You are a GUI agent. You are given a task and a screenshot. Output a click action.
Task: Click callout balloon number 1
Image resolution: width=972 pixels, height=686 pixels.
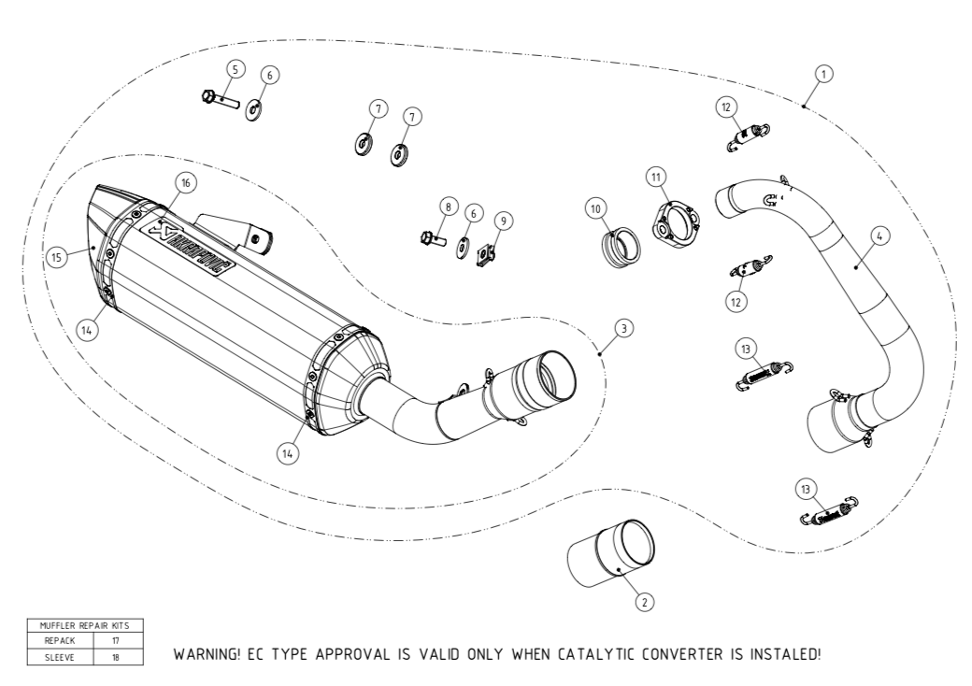pyautogui.click(x=823, y=72)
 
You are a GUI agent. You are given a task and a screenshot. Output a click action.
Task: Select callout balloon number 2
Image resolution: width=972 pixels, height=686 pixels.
pyautogui.click(x=642, y=602)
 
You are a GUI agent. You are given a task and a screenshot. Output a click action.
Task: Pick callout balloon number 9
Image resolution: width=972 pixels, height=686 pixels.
pyautogui.click(x=505, y=221)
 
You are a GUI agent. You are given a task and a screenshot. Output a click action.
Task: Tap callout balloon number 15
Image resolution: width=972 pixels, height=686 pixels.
pyautogui.click(x=59, y=257)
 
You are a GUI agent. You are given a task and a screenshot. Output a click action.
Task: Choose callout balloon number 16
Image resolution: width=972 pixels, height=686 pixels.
pyautogui.click(x=185, y=183)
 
